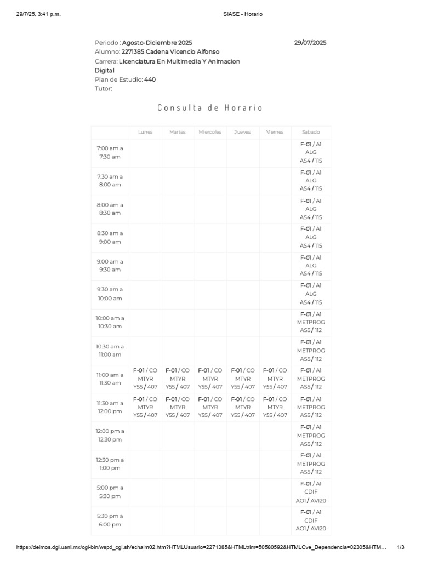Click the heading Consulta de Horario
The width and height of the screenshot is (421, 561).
(x=210, y=107)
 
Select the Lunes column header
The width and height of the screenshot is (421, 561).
(x=145, y=132)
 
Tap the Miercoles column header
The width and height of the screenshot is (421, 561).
(x=210, y=132)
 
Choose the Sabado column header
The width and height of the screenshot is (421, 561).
(x=311, y=132)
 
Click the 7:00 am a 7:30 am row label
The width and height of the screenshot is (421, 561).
(x=110, y=152)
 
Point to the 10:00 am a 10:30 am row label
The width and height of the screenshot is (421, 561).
(x=110, y=322)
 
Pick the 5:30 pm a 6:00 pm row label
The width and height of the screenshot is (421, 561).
(x=110, y=520)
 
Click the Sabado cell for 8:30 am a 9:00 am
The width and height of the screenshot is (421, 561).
(x=311, y=237)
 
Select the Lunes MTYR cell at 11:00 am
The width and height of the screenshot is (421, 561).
(x=145, y=379)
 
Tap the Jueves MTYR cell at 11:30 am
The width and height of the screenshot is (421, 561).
(x=243, y=407)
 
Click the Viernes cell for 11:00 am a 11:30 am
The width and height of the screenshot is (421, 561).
(x=275, y=379)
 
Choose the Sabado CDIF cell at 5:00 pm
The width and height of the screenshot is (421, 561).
(x=311, y=492)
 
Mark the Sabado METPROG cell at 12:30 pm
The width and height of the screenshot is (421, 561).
(x=311, y=463)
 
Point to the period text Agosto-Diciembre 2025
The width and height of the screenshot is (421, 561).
(x=157, y=42)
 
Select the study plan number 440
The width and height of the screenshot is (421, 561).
(x=150, y=79)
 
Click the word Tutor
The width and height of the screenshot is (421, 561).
(x=103, y=89)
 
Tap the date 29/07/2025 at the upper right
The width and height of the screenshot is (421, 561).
(x=310, y=42)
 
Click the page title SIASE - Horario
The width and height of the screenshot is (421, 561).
(x=240, y=14)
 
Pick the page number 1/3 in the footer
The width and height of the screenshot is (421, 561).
(x=401, y=547)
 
